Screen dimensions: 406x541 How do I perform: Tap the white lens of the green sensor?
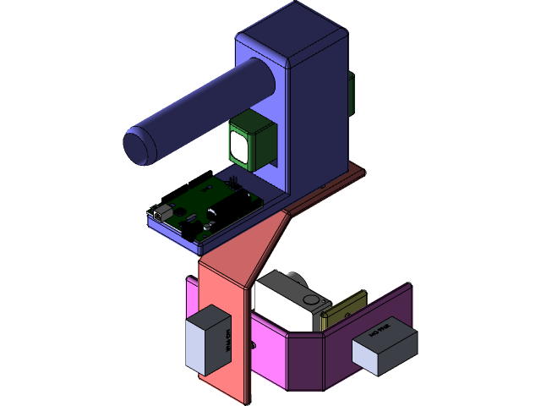240,146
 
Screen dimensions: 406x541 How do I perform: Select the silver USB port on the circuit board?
161,211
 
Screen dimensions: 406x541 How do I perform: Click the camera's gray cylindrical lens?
292,278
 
